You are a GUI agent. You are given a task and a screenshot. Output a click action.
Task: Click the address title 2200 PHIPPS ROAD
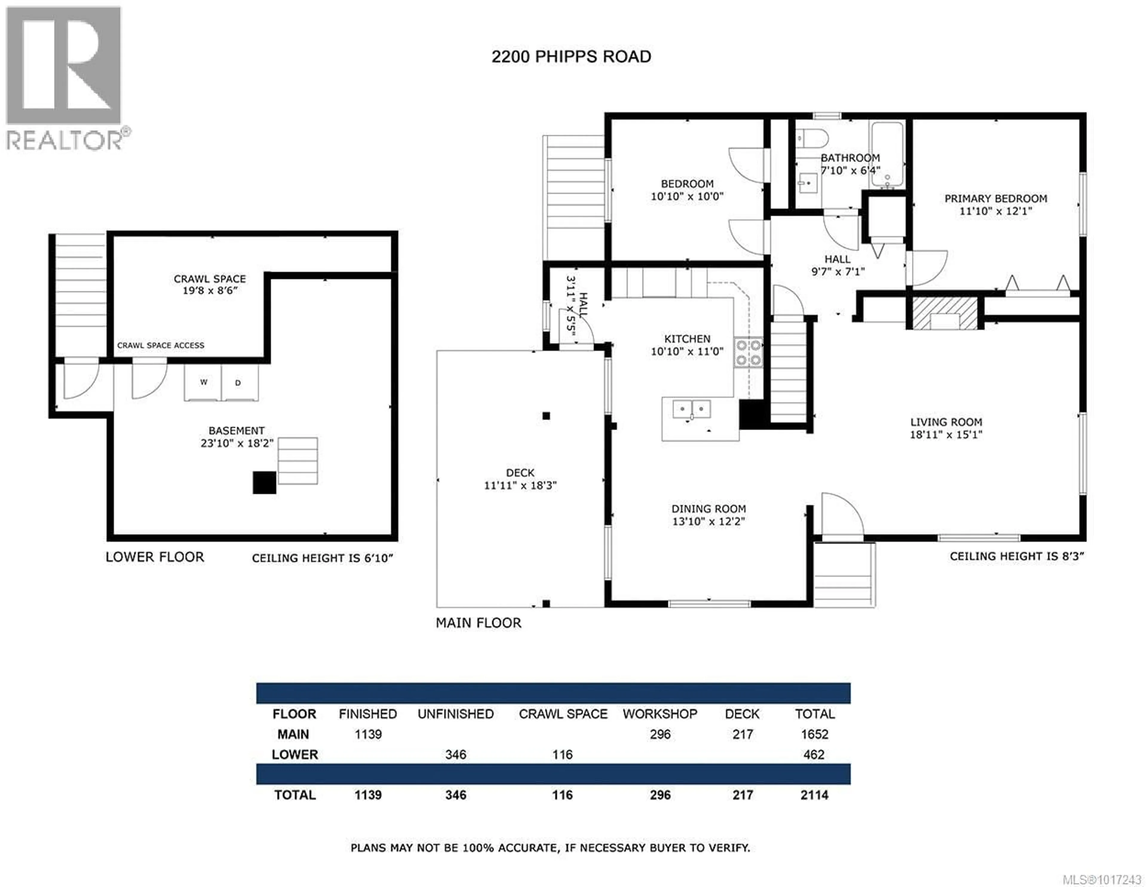(x=571, y=57)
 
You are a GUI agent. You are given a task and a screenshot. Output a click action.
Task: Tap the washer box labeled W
(x=203, y=383)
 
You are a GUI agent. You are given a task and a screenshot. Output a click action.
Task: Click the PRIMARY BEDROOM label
(x=995, y=199)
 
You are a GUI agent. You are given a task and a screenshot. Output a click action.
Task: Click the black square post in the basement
(x=264, y=482)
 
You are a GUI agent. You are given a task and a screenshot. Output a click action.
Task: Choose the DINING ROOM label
(x=709, y=509)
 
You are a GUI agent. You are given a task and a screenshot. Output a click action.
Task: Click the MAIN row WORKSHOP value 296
(x=660, y=734)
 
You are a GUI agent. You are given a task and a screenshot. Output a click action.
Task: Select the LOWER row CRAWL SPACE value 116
(x=562, y=755)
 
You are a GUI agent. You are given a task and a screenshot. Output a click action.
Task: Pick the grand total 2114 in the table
(x=814, y=795)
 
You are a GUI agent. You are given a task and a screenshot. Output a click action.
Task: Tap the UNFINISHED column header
(x=455, y=714)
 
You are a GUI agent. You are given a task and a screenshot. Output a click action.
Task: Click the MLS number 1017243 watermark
(x=1101, y=880)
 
